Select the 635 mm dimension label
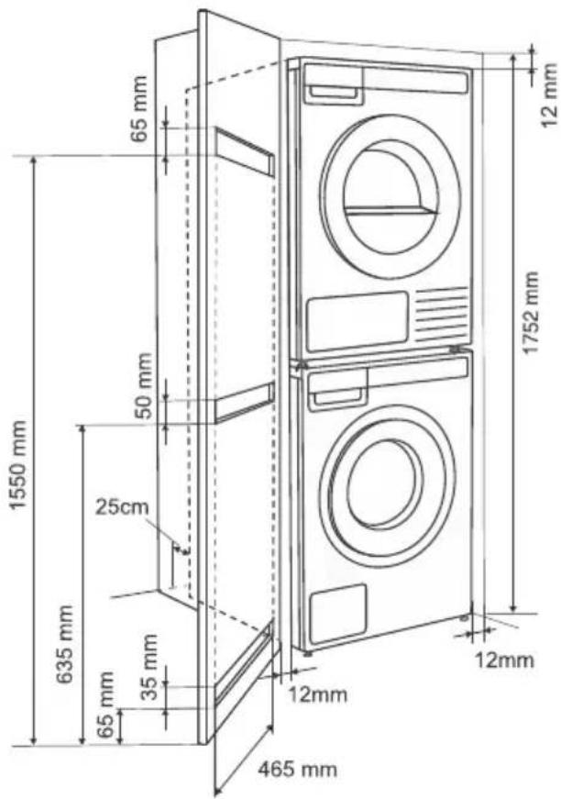point(65,644)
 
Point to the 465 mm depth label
point(297,769)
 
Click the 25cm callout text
point(122,507)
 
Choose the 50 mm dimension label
point(145,386)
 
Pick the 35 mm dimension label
point(149,667)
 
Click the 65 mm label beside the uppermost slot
point(138,108)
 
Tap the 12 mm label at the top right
point(549,95)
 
